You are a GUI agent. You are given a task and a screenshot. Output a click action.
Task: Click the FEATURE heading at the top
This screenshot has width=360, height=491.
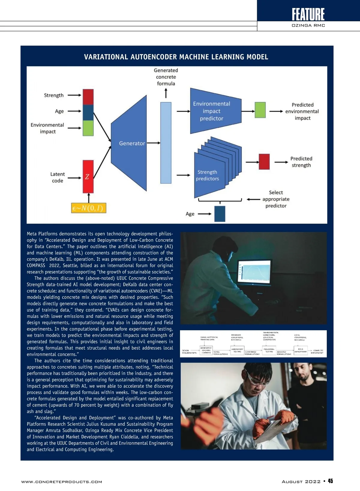click(308, 14)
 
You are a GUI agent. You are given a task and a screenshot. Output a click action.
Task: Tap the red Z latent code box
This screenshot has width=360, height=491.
click(88, 177)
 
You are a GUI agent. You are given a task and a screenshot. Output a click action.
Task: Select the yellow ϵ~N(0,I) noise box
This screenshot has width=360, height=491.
click(89, 208)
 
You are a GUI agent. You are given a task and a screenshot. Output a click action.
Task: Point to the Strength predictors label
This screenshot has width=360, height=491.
click(208, 175)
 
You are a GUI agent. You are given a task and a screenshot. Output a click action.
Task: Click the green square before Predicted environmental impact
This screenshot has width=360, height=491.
click(260, 110)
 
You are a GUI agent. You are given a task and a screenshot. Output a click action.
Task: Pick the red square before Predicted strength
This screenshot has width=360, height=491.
click(264, 162)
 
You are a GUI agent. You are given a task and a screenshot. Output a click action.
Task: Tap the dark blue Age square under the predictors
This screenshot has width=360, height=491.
click(220, 214)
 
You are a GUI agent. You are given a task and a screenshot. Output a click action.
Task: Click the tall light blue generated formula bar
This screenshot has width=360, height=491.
click(166, 143)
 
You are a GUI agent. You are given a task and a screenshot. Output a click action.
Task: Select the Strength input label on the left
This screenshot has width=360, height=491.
click(54, 95)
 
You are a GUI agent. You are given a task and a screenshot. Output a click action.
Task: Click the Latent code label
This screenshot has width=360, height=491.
click(57, 177)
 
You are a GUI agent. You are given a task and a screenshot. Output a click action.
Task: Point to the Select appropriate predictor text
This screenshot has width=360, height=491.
click(276, 199)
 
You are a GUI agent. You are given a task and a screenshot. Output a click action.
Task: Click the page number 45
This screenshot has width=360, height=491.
click(330, 481)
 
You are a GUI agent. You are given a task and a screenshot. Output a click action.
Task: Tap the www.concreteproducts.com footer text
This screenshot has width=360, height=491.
click(61, 482)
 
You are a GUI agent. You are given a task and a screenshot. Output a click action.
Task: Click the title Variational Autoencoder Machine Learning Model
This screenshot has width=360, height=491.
click(176, 57)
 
